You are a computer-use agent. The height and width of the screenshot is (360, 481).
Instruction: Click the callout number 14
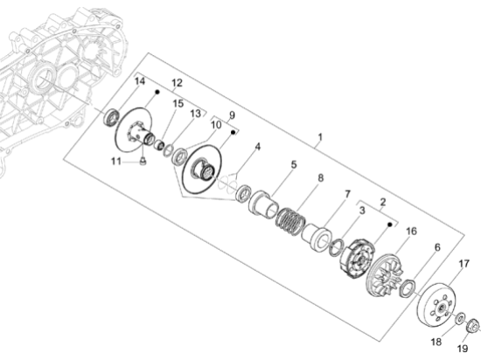(140, 81)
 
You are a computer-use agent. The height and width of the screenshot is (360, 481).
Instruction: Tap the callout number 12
(177, 83)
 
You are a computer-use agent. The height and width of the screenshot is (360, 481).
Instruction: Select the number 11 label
(116, 161)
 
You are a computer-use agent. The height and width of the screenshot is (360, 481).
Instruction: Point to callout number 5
(294, 164)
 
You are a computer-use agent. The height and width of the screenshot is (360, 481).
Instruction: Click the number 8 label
(321, 178)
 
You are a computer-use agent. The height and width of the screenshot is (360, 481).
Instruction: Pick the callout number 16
(411, 231)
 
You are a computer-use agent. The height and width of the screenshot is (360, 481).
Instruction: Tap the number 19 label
(463, 349)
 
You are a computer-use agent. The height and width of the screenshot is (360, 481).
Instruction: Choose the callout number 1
(320, 137)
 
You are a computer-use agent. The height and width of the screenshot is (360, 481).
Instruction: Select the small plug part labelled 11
(143, 161)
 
